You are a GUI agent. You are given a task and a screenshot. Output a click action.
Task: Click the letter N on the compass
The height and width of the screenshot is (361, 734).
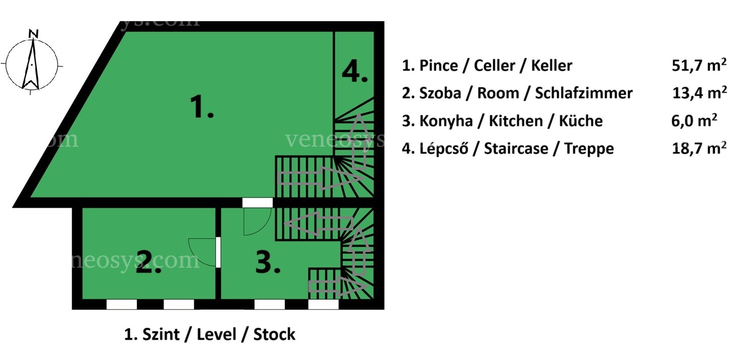click(x=33, y=33)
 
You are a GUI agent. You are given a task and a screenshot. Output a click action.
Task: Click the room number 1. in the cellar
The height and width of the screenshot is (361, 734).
click(x=202, y=106)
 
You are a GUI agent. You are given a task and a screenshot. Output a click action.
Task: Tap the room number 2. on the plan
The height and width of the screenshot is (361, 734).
click(x=148, y=261)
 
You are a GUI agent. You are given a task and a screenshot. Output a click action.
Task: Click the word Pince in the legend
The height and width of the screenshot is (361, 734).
click(x=439, y=66)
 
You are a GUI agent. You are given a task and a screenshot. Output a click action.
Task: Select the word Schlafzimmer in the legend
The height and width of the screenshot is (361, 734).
click(x=584, y=93)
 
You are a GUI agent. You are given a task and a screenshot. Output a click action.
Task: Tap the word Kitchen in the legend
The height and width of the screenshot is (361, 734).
click(x=516, y=121)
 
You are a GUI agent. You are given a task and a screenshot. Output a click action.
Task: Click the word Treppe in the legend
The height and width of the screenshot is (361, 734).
click(x=589, y=149)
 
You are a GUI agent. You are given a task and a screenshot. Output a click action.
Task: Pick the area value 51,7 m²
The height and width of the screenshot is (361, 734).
click(x=699, y=65)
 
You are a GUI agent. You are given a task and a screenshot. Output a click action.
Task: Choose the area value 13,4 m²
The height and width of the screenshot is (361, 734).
click(x=699, y=93)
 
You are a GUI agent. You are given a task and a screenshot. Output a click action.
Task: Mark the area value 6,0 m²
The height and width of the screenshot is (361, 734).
click(x=694, y=121)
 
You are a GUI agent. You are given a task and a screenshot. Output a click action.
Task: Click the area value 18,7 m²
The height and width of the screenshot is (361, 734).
click(x=699, y=148)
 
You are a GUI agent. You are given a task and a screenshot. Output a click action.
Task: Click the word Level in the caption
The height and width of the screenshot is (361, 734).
click(x=216, y=334)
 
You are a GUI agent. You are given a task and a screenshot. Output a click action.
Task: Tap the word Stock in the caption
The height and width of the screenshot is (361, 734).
click(x=274, y=334)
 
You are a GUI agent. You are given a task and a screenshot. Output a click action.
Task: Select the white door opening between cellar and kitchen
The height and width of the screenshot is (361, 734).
click(x=257, y=203)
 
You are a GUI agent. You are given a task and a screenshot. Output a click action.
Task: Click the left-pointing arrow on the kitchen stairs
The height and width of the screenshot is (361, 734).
click(x=318, y=223)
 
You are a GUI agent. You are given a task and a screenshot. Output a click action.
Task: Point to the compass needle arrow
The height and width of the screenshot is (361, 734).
click(x=31, y=64)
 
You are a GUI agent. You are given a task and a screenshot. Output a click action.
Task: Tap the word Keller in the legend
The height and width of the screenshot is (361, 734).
click(x=551, y=66)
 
